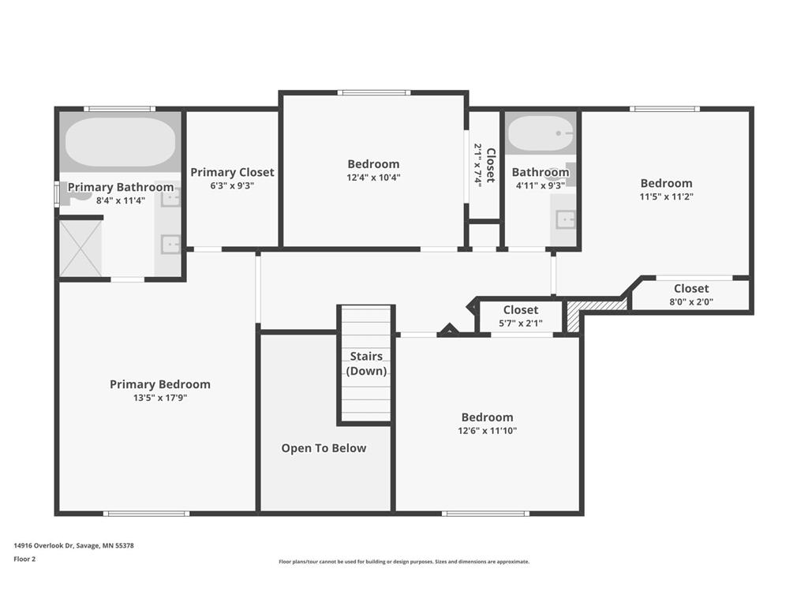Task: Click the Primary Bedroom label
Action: point(160,384)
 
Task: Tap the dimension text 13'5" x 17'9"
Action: point(160,398)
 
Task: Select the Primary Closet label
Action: point(233,172)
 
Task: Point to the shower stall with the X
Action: point(81,248)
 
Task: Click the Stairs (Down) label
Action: point(367,364)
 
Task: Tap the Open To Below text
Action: point(324,448)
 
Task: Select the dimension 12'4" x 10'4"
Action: point(373,178)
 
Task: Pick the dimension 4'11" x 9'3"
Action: point(541,185)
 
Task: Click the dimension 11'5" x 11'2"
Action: point(667,196)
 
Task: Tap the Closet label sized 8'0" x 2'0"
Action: point(691,289)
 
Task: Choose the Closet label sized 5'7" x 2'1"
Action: point(521,310)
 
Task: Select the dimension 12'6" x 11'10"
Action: point(488,431)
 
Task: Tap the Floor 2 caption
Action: point(24,559)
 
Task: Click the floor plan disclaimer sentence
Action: point(404,562)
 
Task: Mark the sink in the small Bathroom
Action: point(565,219)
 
